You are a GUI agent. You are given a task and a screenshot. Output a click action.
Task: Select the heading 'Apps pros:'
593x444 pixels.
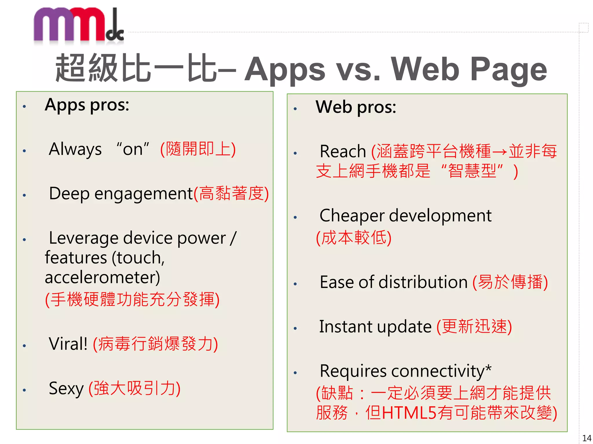[87, 105]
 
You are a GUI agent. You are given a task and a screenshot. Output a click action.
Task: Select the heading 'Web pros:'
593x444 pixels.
[356, 107]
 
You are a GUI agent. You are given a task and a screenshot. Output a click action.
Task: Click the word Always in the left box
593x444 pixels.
[75, 149]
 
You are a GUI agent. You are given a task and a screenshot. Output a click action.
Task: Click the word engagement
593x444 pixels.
[144, 194]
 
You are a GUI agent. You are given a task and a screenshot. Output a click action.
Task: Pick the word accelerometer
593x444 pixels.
[102, 277]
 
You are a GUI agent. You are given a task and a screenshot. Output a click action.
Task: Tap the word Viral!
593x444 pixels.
[68, 344]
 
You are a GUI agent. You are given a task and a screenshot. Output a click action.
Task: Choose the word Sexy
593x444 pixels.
[66, 388]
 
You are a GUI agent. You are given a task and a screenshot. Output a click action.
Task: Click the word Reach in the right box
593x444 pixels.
[343, 151]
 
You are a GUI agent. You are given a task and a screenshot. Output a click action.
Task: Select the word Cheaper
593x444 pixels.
[352, 216]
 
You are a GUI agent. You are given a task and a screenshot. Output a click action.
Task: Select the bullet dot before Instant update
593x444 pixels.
[295, 328]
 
